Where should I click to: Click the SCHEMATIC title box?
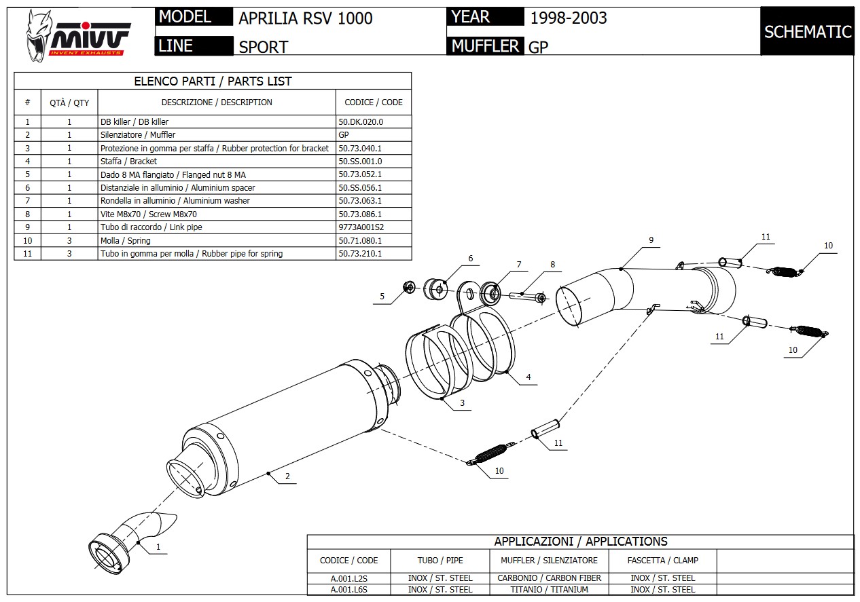tap(807, 31)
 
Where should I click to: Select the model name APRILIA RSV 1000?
tap(305, 18)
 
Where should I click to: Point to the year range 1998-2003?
tap(568, 18)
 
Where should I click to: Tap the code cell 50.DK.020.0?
tap(361, 121)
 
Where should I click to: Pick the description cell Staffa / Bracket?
tap(128, 161)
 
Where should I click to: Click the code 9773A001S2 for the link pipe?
tap(365, 227)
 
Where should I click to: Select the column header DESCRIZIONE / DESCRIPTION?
tap(216, 102)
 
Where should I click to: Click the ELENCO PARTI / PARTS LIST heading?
tap(213, 81)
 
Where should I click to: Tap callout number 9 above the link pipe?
tap(651, 240)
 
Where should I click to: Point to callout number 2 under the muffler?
tap(287, 476)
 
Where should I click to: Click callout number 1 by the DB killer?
tap(158, 546)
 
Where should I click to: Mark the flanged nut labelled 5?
tap(410, 287)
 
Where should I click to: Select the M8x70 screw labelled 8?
tap(527, 295)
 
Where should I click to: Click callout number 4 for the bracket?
tap(528, 377)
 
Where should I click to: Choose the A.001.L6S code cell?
tap(348, 590)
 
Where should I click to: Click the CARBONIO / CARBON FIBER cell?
tap(549, 578)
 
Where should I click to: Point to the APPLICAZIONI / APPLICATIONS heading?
tap(580, 542)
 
